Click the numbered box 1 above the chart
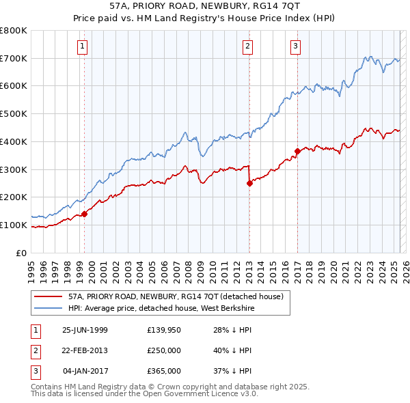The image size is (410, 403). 83,46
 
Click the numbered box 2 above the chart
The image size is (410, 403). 247,46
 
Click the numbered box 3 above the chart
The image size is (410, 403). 295,46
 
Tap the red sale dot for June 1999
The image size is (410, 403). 85,214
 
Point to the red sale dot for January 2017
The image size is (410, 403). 297,151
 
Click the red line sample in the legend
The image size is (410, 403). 49,296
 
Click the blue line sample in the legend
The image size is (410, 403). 49,308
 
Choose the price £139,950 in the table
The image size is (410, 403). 164,330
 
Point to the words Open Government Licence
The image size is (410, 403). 199,394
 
